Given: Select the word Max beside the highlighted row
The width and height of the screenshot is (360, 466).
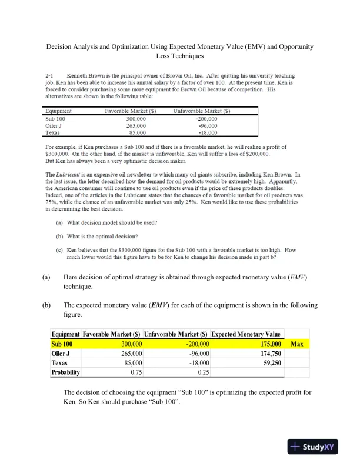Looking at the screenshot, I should pos(297,344).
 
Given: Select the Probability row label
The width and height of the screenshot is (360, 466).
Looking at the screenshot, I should pos(65,372).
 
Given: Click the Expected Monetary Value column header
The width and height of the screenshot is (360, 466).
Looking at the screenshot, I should pos(246,334).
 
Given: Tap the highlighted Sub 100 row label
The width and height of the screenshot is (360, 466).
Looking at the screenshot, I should pos(62,344).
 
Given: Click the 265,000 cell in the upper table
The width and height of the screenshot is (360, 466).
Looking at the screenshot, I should pos(136,125).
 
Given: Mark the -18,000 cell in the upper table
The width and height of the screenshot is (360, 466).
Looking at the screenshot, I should pos(205,132).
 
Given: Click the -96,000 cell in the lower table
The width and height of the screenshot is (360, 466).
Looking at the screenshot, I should pos(198,354).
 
